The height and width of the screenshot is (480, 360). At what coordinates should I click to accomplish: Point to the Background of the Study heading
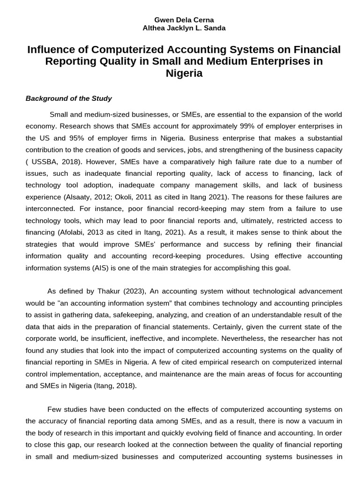click(69, 98)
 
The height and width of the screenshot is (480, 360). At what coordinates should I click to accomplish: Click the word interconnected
click(49, 208)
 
